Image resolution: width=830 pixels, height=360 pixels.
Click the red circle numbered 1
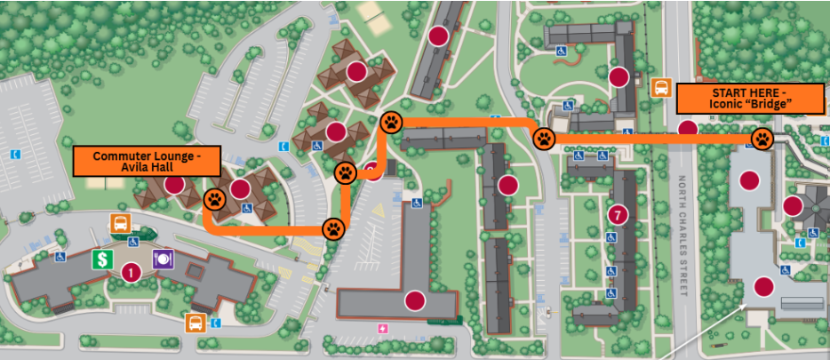click(x=131, y=272)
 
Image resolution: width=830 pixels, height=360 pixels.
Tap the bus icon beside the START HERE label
click(x=661, y=87)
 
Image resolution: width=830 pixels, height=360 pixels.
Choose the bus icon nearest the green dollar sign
click(x=119, y=222)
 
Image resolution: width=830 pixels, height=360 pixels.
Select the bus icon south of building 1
click(x=193, y=322)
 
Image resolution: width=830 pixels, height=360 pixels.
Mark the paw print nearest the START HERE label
click(x=762, y=139)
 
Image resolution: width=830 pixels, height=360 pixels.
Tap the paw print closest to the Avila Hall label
click(x=215, y=198)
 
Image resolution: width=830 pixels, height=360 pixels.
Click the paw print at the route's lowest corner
click(x=333, y=228)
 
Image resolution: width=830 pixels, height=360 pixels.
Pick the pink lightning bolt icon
click(x=383, y=330)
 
